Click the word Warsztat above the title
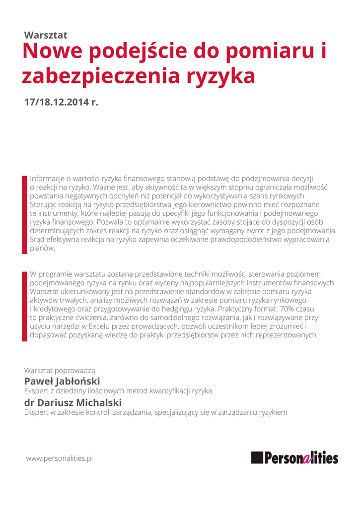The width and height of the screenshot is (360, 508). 46,35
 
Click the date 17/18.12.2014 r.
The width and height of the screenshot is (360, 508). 62,102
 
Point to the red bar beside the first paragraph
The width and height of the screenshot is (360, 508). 24,214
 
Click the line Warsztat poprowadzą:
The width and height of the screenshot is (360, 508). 60,370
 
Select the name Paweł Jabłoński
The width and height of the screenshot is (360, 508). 62,381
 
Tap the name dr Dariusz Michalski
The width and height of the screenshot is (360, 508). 72,402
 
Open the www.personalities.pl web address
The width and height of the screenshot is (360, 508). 60,458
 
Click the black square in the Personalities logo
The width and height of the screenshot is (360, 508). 257,457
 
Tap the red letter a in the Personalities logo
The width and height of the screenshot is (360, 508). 307,458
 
